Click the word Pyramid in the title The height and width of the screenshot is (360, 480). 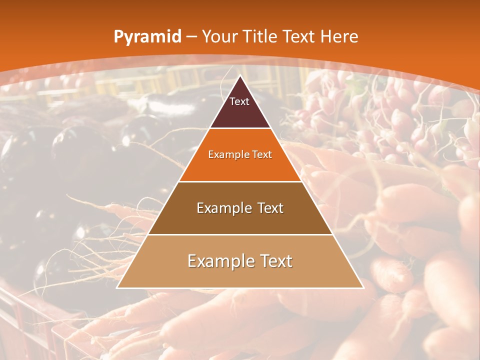click(147, 37)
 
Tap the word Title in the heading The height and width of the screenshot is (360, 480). click(260, 36)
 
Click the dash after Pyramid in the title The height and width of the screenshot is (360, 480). click(191, 37)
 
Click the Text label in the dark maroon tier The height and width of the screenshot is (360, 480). click(239, 101)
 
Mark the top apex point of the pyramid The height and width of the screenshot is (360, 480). click(240, 75)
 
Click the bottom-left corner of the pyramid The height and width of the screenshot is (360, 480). click(117, 288)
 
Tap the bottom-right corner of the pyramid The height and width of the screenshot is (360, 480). click(363, 288)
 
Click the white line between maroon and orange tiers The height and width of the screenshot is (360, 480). click(240, 128)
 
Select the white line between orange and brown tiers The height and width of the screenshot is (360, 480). click(240, 181)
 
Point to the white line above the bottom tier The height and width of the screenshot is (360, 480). click(240, 234)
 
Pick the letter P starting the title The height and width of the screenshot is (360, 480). click(118, 36)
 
